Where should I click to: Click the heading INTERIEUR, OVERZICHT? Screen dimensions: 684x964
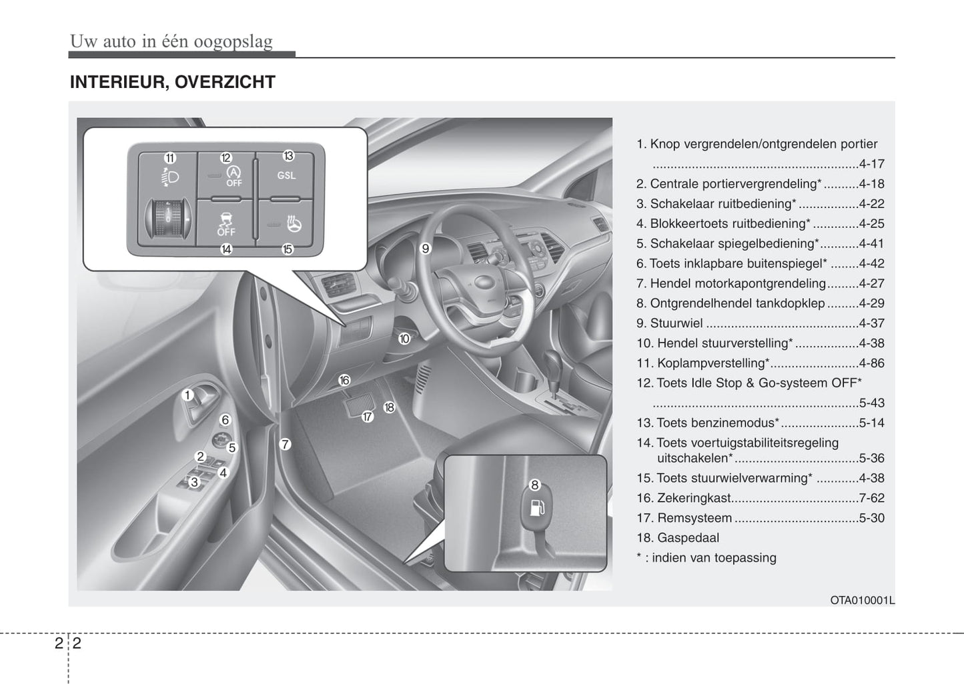[x=172, y=82]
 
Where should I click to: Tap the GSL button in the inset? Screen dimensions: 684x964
[x=286, y=175]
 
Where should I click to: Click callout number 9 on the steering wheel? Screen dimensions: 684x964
[x=426, y=249]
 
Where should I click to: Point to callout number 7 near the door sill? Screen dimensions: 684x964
[x=285, y=444]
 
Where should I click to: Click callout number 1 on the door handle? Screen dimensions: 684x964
[x=187, y=395]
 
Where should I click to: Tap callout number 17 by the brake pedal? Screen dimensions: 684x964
[x=368, y=417]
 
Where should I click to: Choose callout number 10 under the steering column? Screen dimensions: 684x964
[x=404, y=339]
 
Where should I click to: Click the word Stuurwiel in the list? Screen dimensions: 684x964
[x=676, y=323]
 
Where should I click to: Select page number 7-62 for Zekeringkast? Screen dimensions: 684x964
[x=871, y=498]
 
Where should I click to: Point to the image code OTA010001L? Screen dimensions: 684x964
[x=862, y=600]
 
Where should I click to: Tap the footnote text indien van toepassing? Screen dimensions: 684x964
[x=713, y=558]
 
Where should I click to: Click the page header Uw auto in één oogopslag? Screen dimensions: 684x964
[x=171, y=41]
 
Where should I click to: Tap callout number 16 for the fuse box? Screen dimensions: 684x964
[x=344, y=380]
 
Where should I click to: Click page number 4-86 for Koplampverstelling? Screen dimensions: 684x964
[x=871, y=363]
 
